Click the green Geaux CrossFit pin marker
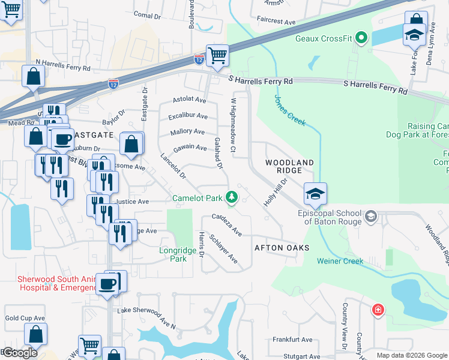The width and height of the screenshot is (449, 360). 361,39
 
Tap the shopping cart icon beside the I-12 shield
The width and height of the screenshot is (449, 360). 217,55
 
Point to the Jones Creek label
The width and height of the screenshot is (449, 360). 290,110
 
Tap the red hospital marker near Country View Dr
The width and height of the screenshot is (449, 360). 378,310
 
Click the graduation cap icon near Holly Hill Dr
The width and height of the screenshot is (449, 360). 315,193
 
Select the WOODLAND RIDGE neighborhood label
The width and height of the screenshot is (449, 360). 289,167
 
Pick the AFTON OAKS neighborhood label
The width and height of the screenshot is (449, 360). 282,248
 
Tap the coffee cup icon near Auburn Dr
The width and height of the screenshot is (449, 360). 62,139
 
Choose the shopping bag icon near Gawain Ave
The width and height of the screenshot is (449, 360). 131,144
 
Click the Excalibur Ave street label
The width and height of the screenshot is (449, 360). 188,116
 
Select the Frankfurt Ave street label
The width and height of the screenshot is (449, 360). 292,340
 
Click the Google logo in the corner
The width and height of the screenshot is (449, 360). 20,353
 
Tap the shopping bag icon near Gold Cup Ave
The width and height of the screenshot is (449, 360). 35,334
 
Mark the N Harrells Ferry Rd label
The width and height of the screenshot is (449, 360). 65,62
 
